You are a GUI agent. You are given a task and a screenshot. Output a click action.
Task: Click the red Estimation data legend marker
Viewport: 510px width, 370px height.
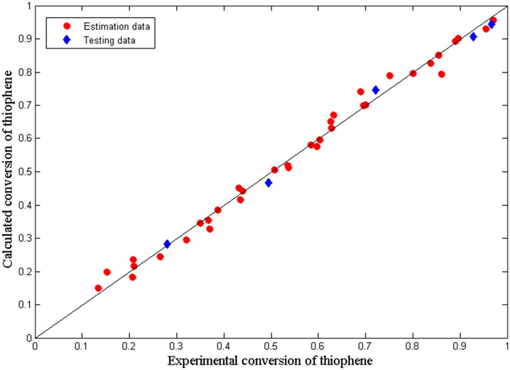[x=66, y=24]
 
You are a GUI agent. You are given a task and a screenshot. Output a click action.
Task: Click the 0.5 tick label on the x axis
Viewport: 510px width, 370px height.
[x=271, y=346]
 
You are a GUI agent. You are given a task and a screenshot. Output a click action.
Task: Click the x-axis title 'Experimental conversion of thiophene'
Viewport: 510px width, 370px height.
[x=271, y=361]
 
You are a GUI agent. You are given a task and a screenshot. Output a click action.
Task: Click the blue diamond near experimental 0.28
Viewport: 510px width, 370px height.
[x=167, y=244]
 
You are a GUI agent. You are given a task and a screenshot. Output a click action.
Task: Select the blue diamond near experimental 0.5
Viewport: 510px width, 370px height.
[x=268, y=183]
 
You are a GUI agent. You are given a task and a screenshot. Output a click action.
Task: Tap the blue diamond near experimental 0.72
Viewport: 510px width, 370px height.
[x=376, y=90]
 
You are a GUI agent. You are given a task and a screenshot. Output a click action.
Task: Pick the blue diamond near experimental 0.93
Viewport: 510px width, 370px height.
[x=473, y=37]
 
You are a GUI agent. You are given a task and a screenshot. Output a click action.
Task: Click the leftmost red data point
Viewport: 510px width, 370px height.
[x=98, y=288]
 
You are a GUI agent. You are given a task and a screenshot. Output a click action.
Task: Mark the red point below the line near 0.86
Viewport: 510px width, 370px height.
[x=442, y=75]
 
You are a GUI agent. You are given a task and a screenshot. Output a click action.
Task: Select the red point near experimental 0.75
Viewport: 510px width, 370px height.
[x=390, y=76]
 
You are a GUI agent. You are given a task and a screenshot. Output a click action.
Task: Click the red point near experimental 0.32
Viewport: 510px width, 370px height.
[x=186, y=240]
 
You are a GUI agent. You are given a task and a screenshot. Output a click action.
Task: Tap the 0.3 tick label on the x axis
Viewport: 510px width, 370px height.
[x=176, y=346]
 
